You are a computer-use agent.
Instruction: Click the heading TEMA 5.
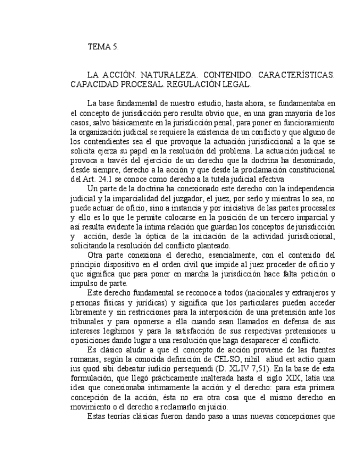pos(103,47)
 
